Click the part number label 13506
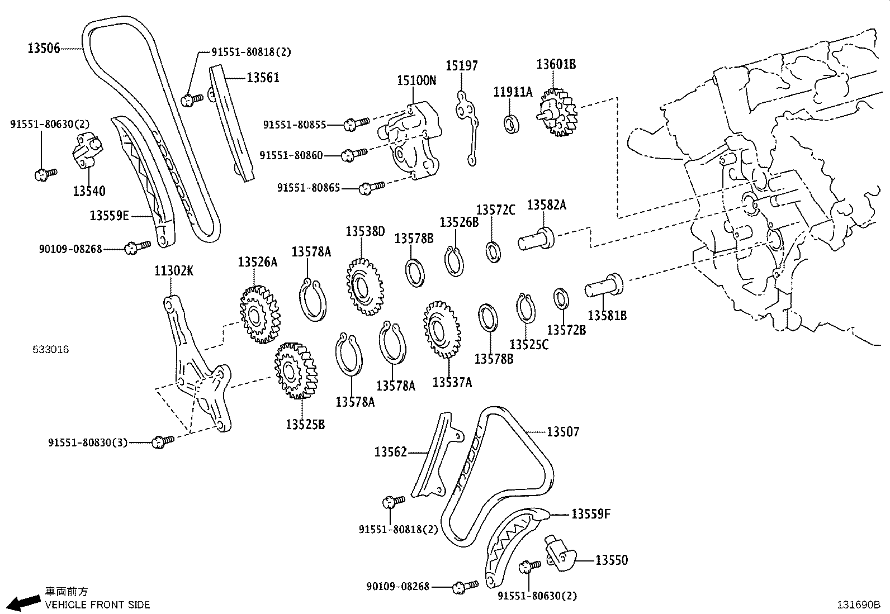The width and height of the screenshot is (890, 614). pos(44,49)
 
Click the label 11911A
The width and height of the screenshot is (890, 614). pos(513,92)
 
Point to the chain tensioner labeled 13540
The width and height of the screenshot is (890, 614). pos(88,151)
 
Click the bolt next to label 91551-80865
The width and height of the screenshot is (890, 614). pos(372,187)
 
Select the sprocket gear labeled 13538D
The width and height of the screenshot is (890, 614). pos(364,287)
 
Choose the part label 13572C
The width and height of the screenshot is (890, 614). pos(495,210)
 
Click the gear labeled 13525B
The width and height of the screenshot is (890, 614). pos(295,371)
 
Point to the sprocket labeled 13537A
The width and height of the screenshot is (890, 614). pos(443,330)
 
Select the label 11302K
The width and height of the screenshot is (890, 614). pos(174,272)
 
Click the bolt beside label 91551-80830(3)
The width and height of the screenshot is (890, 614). pos(163,441)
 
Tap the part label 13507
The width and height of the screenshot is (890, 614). pos(563,431)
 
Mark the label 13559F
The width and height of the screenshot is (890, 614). pos(590,513)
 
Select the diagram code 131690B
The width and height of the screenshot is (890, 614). pos(858,605)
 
